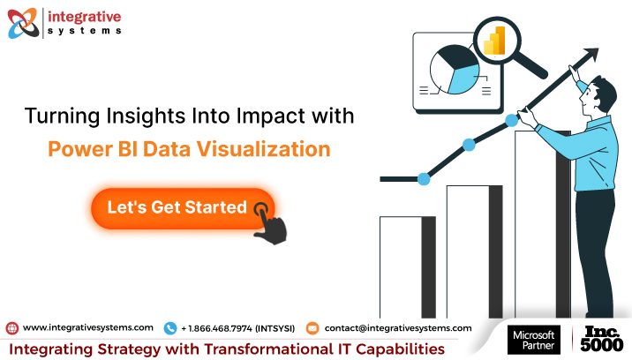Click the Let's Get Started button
pos(177,208)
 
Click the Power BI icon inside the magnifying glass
pos(500,41)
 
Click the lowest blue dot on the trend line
pos(424,179)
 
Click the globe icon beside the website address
pos(11,327)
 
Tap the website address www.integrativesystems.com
pos(87,327)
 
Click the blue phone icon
pos(170,327)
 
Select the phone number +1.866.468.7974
pos(237,327)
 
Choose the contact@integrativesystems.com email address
pos(397,327)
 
